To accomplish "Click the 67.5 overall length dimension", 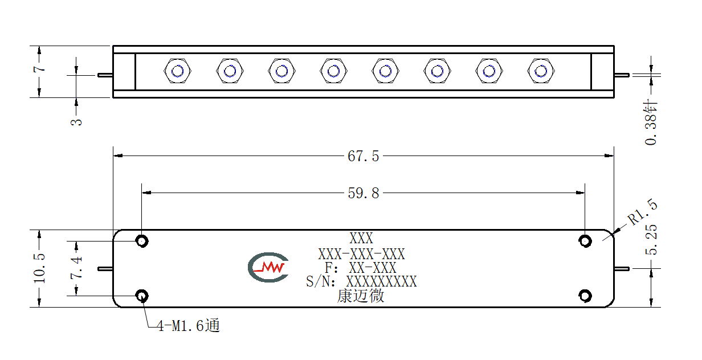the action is pyautogui.click(x=363, y=156).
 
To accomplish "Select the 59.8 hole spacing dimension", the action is pyautogui.click(x=363, y=193).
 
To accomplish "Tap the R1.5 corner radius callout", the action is pyautogui.click(x=643, y=212).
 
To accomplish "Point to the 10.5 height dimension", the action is pyautogui.click(x=39, y=268).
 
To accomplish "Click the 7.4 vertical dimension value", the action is pyautogui.click(x=76, y=268).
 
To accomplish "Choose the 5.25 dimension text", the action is pyautogui.click(x=651, y=240).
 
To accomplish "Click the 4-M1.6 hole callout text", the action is pyautogui.click(x=188, y=325).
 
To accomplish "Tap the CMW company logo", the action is pyautogui.click(x=268, y=267).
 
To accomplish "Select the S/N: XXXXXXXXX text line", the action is pyautogui.click(x=361, y=281).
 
